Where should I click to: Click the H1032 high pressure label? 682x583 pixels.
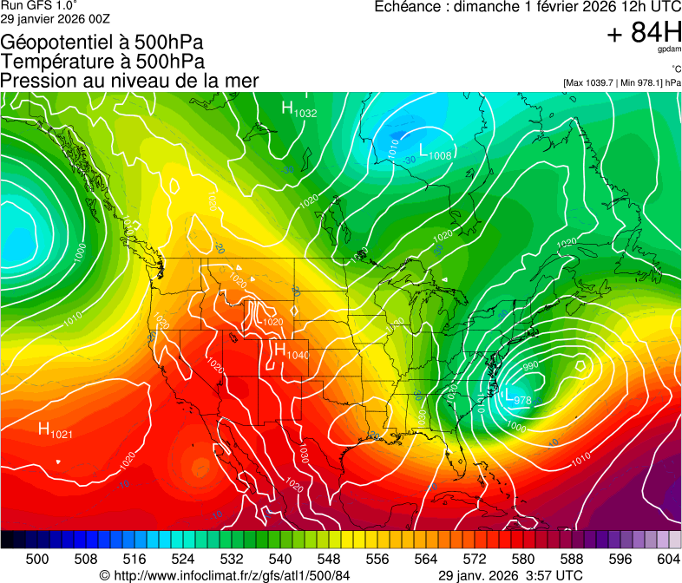[298, 109]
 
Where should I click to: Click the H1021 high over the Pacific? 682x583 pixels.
[55, 430]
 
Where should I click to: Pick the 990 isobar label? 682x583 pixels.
[530, 365]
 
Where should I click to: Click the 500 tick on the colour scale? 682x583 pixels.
[37, 558]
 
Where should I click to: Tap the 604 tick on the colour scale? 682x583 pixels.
[668, 558]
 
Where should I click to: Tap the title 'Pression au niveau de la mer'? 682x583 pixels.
[129, 81]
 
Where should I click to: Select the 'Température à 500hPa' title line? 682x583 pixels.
[102, 61]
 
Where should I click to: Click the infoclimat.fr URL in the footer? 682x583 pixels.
[232, 575]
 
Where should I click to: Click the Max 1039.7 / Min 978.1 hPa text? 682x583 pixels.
[621, 83]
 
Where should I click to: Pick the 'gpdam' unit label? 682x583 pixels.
[669, 50]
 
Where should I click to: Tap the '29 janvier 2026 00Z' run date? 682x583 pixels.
[56, 18]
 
